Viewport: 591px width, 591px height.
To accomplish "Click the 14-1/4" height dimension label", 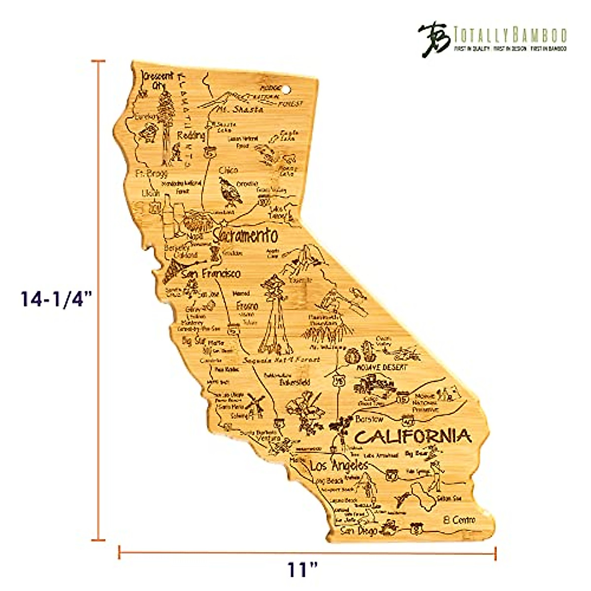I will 57,299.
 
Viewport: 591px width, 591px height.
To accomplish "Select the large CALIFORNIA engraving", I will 413,436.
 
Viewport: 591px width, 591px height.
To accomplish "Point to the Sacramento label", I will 245,236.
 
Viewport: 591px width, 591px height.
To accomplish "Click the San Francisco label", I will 211,273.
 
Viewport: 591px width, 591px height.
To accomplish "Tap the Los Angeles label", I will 339,465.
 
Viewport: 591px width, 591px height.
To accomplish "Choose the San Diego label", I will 360,530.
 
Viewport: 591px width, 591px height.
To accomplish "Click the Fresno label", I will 247,305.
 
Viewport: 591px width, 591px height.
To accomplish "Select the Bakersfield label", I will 295,382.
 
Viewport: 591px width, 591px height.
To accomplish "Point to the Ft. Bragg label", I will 151,173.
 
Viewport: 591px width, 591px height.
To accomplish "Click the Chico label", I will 228,170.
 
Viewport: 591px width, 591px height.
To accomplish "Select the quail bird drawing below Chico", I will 230,191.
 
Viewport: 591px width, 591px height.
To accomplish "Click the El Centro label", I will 459,520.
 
